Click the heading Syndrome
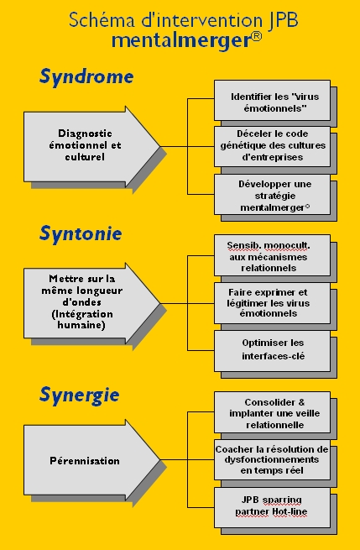(86, 76)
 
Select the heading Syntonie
(81, 233)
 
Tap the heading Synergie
(79, 395)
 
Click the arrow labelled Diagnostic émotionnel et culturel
(91, 147)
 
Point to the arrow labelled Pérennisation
(91, 460)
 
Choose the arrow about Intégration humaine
(91, 303)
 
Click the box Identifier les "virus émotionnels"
(273, 100)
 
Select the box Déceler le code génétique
(273, 146)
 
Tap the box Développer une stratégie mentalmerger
(273, 195)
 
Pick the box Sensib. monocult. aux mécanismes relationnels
(273, 255)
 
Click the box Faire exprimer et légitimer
(273, 303)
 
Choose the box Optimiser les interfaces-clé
(273, 351)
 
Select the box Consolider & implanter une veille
(273, 412)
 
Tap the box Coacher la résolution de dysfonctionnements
(273, 460)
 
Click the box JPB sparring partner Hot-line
(273, 507)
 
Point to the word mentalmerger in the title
(181, 41)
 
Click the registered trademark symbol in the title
(257, 36)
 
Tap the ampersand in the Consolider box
(302, 402)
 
